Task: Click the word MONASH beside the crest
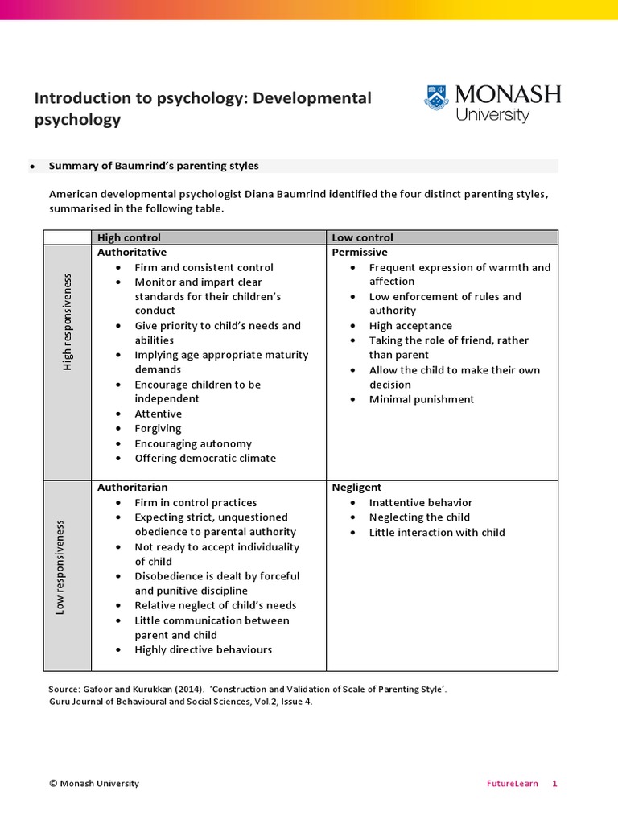tap(508, 94)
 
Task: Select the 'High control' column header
tap(129, 237)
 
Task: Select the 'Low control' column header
tap(363, 237)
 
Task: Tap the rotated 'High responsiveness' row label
tap(68, 322)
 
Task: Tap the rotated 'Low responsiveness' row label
tap(60, 567)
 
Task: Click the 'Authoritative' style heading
tap(132, 253)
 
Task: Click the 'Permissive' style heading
tap(360, 253)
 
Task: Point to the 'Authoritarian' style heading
tap(133, 488)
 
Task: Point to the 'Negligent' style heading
tap(356, 488)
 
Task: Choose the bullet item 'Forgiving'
tap(158, 429)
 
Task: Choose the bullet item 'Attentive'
tap(158, 414)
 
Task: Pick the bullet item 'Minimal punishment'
tap(422, 399)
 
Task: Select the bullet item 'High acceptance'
tap(410, 326)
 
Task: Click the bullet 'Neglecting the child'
tap(419, 517)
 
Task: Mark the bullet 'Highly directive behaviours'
tap(203, 649)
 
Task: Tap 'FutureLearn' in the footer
tap(512, 784)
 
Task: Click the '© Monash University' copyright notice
tap(94, 784)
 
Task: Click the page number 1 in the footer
tap(554, 784)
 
